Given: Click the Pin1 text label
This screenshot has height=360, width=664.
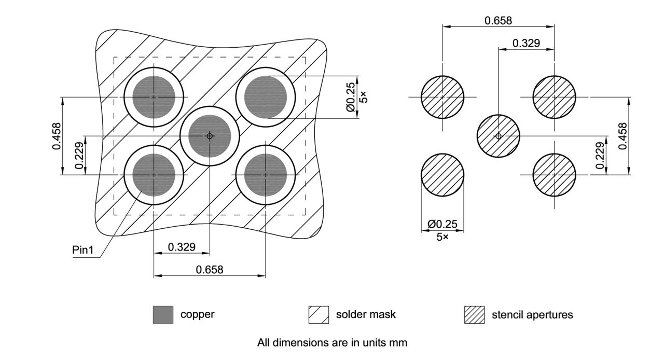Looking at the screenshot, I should point(82,250).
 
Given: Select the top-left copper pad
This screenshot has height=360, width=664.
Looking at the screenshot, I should point(154,97).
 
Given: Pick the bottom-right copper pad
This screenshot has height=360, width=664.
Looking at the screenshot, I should point(266,175).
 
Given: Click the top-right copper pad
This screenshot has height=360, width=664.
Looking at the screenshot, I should point(266,97).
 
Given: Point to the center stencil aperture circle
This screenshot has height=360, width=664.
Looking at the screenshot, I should point(499,136).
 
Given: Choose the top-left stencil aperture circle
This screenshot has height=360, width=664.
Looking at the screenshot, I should point(442,97).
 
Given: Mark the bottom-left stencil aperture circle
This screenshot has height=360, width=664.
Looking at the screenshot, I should point(442,175).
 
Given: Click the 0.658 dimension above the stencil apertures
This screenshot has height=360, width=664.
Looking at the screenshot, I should point(498,21).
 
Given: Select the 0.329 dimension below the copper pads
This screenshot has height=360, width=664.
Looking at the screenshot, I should point(182,247).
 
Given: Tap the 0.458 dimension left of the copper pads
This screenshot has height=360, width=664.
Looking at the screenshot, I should point(57,136).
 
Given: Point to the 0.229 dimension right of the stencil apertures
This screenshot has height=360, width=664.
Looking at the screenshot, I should point(600,155).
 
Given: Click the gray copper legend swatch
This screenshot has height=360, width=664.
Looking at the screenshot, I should point(163,314).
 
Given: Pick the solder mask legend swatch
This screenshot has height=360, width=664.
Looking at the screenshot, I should point(319,314).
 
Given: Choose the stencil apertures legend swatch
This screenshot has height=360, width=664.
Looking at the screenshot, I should point(474,314).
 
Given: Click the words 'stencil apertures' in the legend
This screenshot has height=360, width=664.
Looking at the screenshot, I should point(532,314).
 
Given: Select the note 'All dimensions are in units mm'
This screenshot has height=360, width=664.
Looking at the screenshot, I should point(332,343).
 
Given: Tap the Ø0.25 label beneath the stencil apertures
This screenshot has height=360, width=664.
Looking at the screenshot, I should point(442,224).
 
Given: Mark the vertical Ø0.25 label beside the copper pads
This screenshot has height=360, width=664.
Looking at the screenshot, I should point(351,97).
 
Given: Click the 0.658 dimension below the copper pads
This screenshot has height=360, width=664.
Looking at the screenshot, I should point(210,270).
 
